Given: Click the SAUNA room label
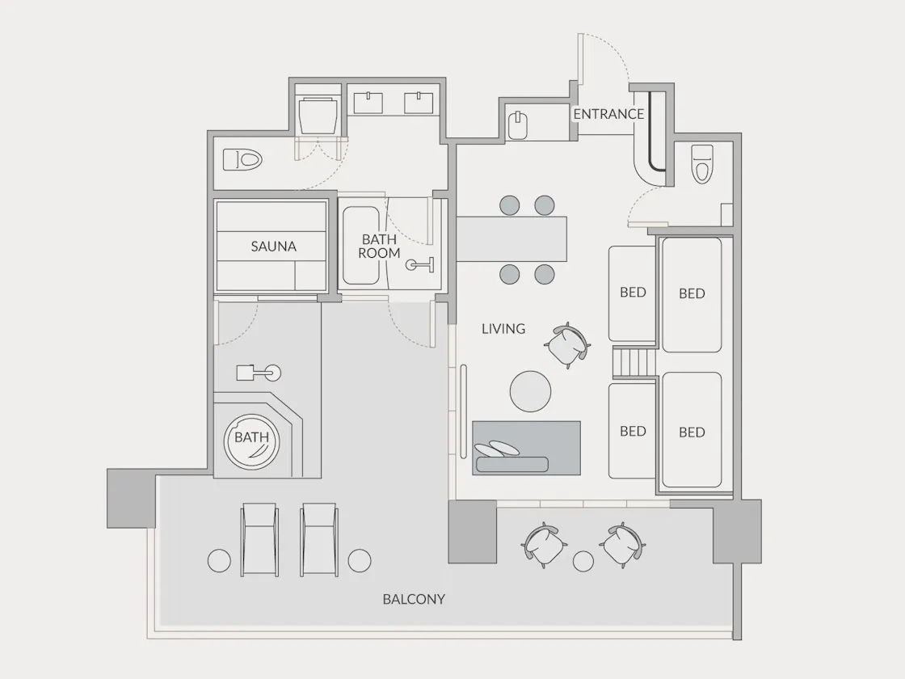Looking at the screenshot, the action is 274,247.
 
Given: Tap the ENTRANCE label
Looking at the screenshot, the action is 608,114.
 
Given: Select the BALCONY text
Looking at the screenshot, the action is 414,599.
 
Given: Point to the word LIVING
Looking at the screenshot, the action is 503,328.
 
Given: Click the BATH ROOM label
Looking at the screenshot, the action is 379,246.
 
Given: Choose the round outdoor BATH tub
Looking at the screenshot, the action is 251,441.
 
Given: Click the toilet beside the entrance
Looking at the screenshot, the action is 702,163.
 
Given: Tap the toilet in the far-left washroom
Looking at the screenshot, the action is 243,159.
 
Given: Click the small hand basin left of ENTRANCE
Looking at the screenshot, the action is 518,125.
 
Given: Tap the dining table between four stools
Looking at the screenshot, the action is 511,239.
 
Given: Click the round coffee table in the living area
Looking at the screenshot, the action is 530,391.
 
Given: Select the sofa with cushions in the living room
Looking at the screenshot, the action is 526,448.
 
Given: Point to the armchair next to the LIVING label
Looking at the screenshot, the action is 567,345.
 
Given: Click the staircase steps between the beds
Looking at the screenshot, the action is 634,363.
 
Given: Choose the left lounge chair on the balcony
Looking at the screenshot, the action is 259,539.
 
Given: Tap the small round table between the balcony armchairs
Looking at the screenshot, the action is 583,561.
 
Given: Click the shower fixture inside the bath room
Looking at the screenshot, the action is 419,264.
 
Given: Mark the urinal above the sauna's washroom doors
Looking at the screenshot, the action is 318,116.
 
